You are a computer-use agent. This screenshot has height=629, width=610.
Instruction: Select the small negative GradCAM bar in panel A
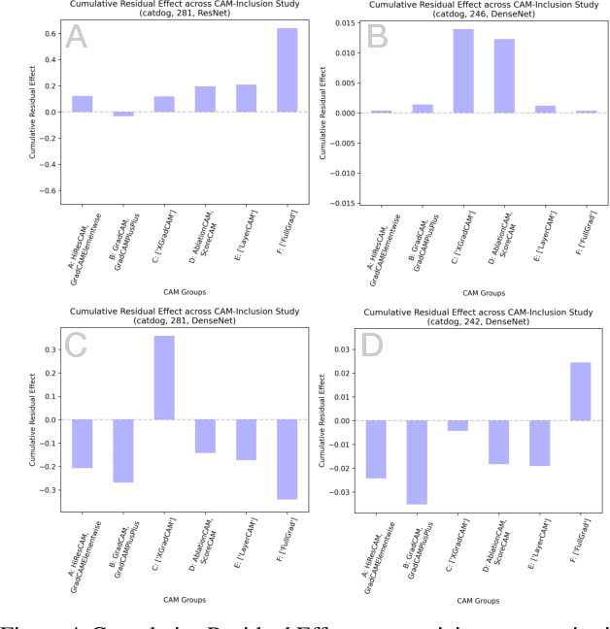tap(123, 114)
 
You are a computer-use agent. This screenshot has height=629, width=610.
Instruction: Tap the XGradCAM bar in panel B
tap(463, 71)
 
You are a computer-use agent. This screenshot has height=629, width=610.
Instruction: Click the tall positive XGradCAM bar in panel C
tap(164, 378)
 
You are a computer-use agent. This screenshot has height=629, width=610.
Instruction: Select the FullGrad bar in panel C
tap(287, 459)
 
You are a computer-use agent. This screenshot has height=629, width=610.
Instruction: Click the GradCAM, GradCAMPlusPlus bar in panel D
tap(417, 462)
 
